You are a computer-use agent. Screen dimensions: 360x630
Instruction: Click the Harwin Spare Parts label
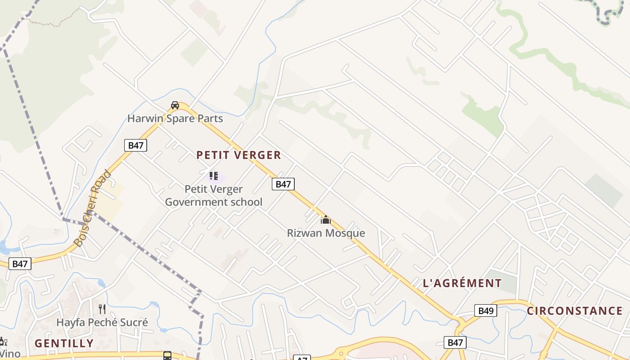coord(175,119)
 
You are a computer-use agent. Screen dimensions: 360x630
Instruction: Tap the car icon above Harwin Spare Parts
coord(175,105)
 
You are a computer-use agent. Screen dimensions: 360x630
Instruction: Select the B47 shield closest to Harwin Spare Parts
coord(135,145)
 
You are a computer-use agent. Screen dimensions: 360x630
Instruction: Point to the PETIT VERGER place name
coord(238,155)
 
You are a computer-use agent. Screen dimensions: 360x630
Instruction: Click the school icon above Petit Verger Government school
coord(214,175)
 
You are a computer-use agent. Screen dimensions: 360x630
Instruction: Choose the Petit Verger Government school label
coord(214,195)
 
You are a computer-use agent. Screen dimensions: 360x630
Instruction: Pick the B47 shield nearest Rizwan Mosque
coord(283,184)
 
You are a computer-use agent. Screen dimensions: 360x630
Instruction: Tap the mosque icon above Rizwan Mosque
coord(325,220)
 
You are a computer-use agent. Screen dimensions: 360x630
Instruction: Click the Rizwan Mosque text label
coord(326,233)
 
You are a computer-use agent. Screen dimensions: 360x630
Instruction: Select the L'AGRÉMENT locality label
coord(462,283)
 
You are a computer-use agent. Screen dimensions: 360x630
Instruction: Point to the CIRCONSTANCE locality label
coord(575,311)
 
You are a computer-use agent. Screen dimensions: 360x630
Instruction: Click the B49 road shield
coord(486,310)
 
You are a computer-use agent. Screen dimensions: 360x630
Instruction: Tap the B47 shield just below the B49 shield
coord(455,342)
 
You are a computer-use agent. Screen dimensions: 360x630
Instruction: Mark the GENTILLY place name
coord(64,343)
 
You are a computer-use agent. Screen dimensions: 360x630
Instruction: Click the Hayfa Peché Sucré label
coord(102,323)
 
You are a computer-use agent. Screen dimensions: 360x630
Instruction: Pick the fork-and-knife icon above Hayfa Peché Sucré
coord(102,309)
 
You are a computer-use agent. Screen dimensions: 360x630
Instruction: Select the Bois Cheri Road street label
coord(92,208)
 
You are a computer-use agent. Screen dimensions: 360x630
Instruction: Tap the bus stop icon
coord(167,355)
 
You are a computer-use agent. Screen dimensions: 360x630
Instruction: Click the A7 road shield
coord(301,358)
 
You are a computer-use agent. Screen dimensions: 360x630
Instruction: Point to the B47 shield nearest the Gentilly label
coord(20,264)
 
